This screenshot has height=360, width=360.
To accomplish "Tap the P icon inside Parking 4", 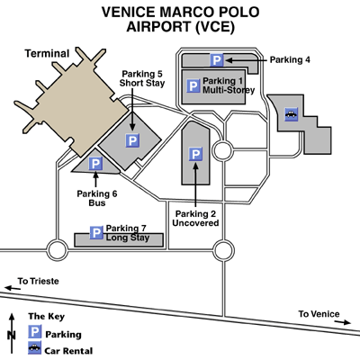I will pos(217,60).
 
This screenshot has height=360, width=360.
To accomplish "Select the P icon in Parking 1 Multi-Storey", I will pos(193,86).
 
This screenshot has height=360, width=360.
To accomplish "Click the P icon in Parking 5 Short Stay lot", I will pos(132,141).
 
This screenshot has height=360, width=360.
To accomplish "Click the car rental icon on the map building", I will pos(291,114).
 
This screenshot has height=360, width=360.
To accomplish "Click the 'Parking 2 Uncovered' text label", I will pos(195,219).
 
